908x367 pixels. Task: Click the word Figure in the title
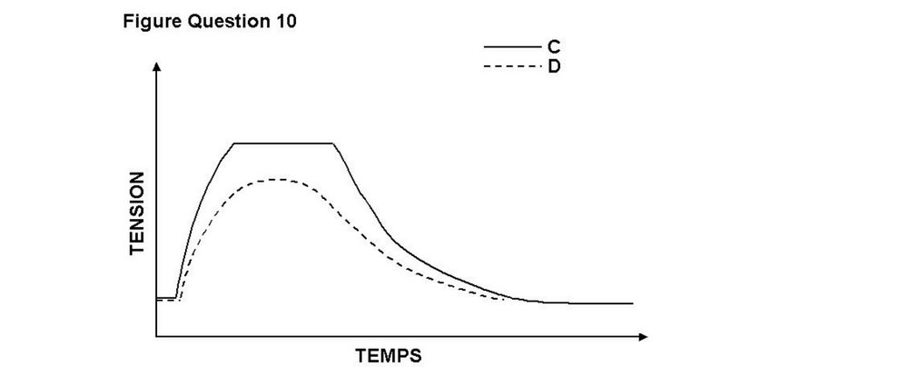(148, 22)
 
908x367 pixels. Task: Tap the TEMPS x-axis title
(389, 354)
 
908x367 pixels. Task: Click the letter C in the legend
(553, 46)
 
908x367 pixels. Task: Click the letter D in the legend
(553, 66)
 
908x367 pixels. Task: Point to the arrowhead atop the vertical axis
(156, 68)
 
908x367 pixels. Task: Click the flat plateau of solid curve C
(283, 144)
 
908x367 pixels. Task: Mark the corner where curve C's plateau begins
(234, 144)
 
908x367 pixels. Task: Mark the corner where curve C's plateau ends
(333, 144)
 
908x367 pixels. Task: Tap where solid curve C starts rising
(175, 296)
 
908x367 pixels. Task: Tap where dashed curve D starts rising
(181, 299)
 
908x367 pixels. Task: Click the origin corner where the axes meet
(156, 337)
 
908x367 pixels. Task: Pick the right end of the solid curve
(632, 303)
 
